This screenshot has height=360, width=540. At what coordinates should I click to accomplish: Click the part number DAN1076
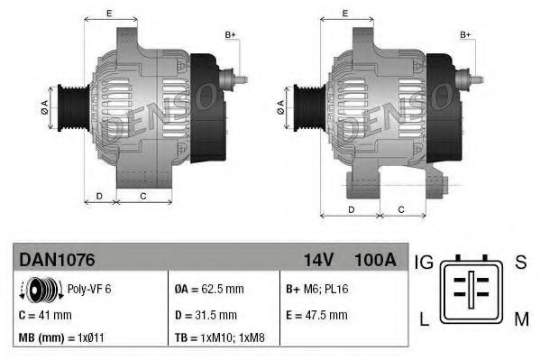56,260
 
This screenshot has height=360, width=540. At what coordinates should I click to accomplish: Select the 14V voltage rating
318,260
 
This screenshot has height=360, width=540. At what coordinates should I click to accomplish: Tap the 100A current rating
376,260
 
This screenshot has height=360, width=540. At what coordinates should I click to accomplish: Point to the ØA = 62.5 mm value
207,290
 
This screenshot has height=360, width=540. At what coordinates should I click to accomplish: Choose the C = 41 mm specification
44,315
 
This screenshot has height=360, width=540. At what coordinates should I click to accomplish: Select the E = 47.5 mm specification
316,315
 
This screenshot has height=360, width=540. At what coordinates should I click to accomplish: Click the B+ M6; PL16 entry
317,290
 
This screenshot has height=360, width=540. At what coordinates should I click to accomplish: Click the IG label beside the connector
425,263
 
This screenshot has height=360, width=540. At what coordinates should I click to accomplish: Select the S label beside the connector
520,263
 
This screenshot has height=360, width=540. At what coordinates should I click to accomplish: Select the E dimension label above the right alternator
346,13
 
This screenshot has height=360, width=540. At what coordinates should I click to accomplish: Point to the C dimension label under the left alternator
143,195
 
